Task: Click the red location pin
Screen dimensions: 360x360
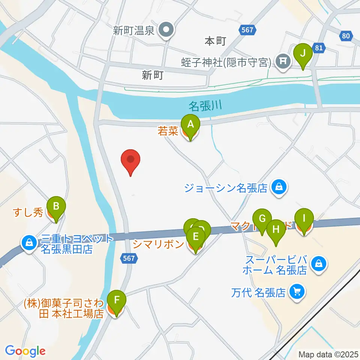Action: click(130, 162)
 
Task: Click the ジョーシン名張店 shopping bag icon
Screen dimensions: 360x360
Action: click(279, 187)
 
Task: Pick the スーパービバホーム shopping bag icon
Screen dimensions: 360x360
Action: click(318, 264)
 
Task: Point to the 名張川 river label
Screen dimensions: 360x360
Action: click(205, 106)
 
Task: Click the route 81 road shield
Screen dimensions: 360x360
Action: click(319, 48)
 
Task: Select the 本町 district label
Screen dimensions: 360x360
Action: click(215, 41)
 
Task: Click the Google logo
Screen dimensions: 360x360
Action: click(25, 351)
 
